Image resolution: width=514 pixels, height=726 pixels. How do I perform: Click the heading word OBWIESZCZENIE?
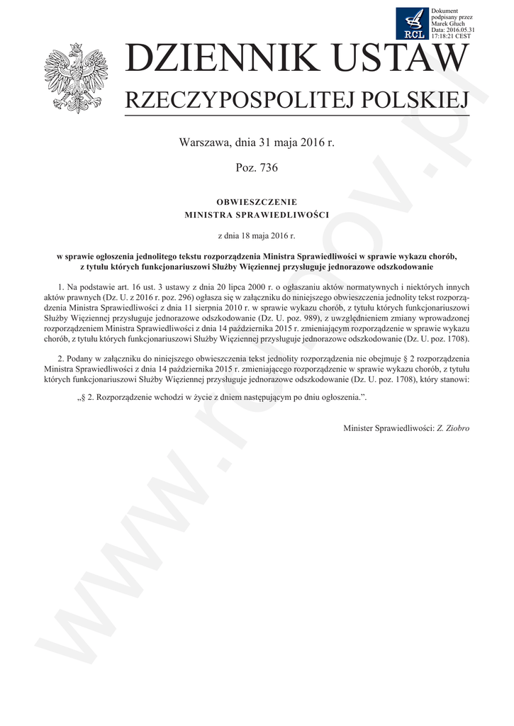pyautogui.click(x=257, y=201)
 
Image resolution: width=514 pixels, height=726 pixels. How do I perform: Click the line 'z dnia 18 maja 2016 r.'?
pyautogui.click(x=257, y=233)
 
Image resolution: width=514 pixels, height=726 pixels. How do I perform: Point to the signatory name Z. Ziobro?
pyautogui.click(x=453, y=429)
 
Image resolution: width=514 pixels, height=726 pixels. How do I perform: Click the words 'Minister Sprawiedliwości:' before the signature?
pyautogui.click(x=388, y=429)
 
